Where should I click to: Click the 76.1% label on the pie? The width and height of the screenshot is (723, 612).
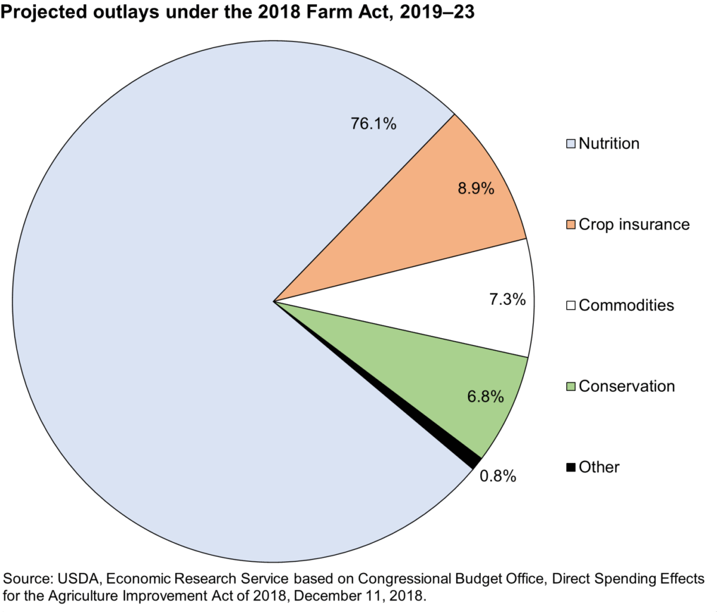(374, 124)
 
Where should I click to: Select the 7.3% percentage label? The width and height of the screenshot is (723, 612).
(507, 299)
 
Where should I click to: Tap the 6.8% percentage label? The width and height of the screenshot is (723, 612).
(485, 397)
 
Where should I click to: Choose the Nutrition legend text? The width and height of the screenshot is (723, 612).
(609, 144)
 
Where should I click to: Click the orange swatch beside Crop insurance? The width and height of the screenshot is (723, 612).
(571, 225)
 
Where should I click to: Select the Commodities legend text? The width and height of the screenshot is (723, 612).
(626, 306)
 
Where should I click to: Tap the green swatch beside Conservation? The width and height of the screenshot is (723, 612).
(571, 387)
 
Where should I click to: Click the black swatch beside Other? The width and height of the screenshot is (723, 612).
(571, 467)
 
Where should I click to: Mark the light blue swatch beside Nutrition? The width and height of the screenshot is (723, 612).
(571, 144)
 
